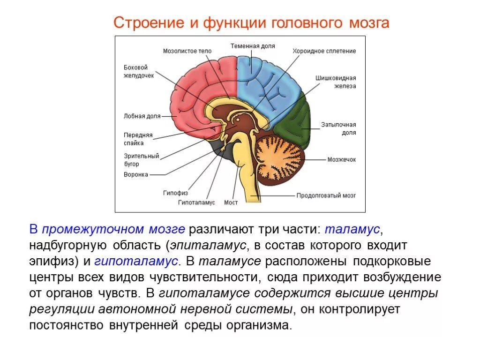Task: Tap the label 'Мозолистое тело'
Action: (187, 51)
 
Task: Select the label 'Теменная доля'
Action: (252, 46)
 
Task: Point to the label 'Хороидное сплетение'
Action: (324, 51)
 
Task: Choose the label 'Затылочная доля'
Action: (338, 128)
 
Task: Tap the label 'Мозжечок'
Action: (342, 159)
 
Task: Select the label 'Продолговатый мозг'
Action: (326, 195)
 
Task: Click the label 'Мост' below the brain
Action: (231, 202)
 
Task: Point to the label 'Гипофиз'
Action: (175, 193)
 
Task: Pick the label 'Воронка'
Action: (136, 174)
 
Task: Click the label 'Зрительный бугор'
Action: (141, 160)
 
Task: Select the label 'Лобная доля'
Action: (142, 116)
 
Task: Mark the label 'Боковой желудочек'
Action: (138, 71)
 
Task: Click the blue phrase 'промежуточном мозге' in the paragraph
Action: (113, 230)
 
